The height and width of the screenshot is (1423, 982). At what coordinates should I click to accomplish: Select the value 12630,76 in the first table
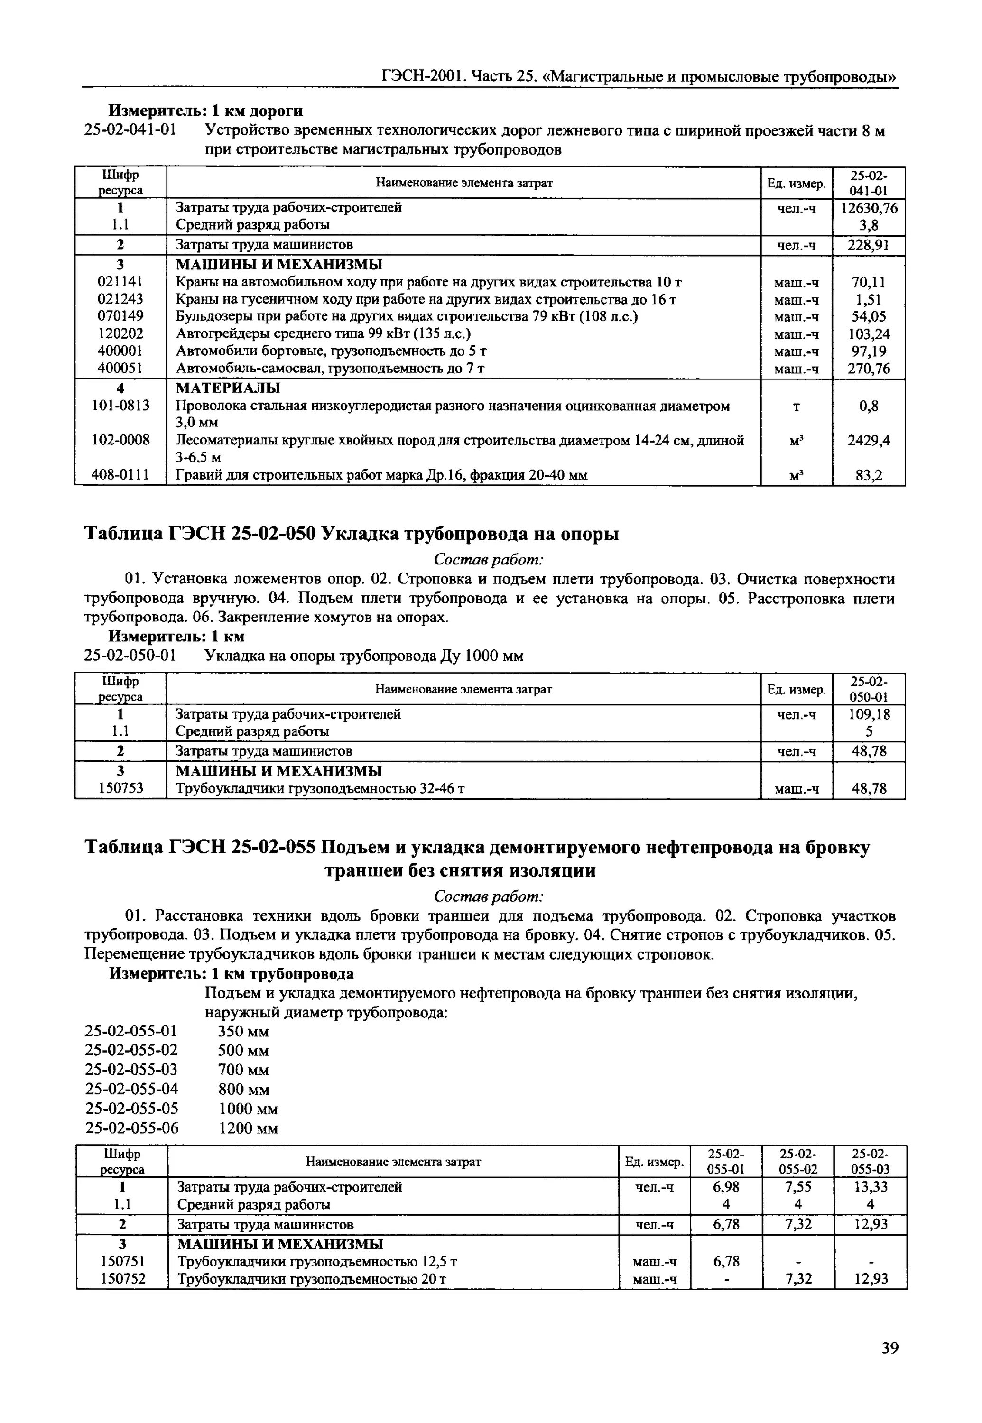tap(869, 208)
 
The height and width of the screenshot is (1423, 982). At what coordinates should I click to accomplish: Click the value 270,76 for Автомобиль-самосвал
tap(869, 369)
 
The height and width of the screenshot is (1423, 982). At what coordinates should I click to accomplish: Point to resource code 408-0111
tap(120, 474)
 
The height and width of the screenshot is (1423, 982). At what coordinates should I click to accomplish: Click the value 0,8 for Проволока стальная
tap(869, 406)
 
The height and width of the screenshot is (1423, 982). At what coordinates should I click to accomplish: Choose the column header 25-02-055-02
tap(798, 1160)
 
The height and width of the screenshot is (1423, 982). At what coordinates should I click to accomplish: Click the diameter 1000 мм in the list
tap(248, 1109)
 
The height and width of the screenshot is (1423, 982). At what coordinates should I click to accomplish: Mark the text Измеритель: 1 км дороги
tap(205, 111)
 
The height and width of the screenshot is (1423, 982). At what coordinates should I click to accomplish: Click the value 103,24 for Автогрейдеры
tap(869, 334)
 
